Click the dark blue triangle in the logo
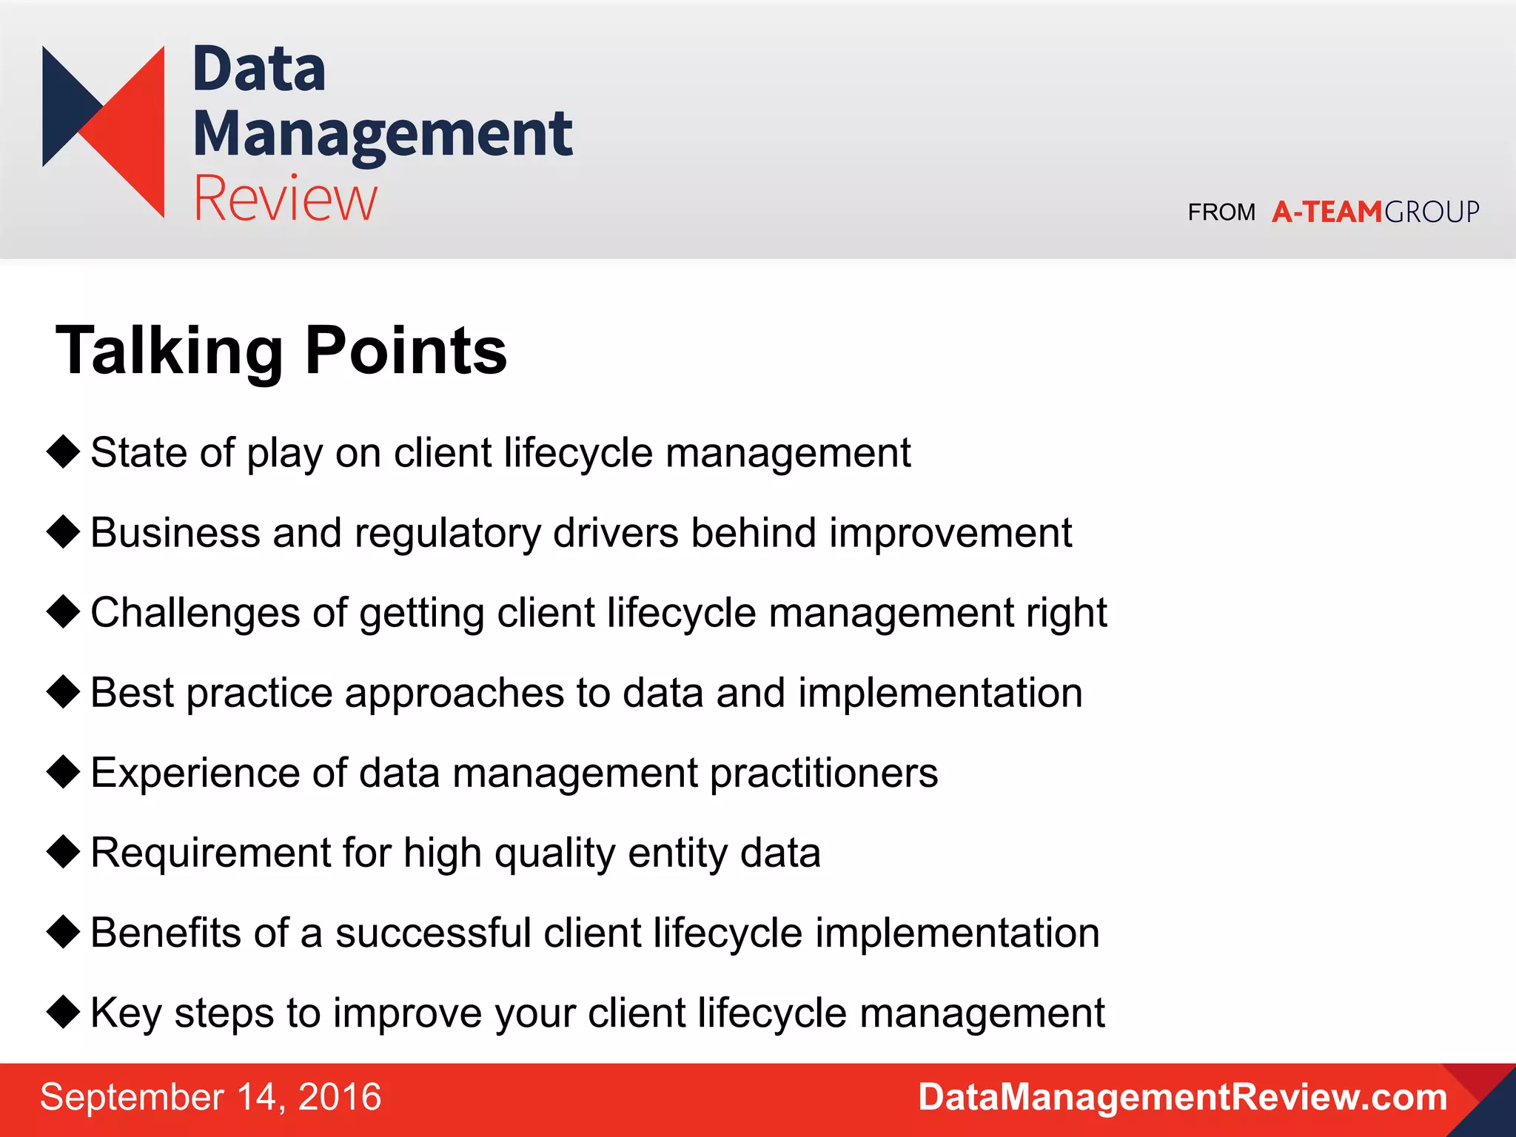tap(63, 104)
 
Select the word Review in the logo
tap(285, 198)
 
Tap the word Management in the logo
tap(382, 135)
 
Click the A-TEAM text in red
tap(1326, 212)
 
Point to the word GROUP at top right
tap(1432, 212)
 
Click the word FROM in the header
tap(1221, 213)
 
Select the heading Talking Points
tap(281, 351)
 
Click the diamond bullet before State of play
tap(63, 452)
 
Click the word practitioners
tap(824, 774)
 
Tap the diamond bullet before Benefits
tap(63, 931)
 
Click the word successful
tap(433, 933)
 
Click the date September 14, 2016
tap(211, 1097)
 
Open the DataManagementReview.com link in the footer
tap(1182, 1097)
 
